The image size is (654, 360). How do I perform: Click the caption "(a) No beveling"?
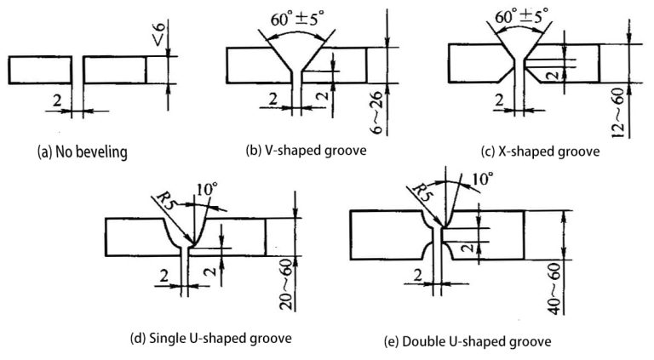(x=82, y=152)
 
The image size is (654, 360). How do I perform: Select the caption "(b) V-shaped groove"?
(x=307, y=151)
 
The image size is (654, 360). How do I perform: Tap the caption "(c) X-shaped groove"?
(x=540, y=151)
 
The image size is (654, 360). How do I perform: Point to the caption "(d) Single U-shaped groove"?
(x=210, y=338)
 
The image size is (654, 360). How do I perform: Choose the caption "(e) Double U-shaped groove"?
(x=468, y=341)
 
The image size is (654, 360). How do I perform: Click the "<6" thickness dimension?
(x=159, y=35)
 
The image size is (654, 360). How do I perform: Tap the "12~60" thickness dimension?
(x=618, y=113)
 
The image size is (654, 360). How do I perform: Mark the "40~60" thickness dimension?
(x=554, y=289)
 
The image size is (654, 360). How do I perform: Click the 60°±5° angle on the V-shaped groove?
(x=296, y=18)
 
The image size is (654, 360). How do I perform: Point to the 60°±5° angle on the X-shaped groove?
(x=521, y=17)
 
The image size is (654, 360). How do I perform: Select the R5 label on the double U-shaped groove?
(x=419, y=191)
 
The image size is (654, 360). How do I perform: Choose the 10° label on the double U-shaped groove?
(x=482, y=180)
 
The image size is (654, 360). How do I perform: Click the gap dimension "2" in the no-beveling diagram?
(x=57, y=100)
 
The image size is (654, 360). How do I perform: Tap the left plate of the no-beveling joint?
(x=40, y=70)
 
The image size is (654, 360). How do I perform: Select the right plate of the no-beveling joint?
(x=115, y=70)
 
